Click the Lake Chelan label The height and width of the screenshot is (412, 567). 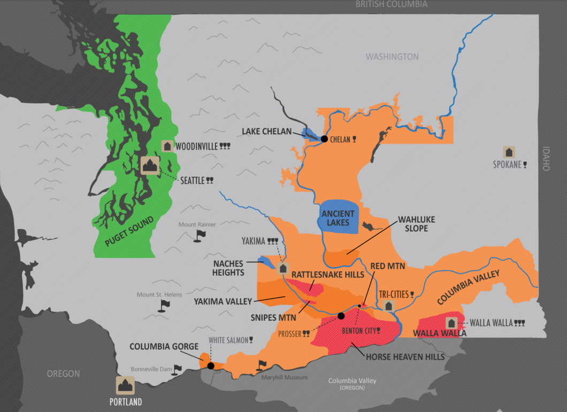(266, 131)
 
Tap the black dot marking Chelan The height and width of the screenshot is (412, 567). (324, 139)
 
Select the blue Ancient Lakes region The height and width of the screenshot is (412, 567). (338, 217)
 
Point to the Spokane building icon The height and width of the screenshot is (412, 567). (509, 152)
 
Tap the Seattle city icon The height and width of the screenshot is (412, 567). (150, 165)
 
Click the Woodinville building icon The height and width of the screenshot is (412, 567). (168, 146)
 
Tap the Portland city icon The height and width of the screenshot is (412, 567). (126, 385)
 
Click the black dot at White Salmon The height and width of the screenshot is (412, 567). (211, 366)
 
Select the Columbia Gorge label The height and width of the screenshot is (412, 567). (164, 347)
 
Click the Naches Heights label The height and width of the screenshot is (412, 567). (228, 268)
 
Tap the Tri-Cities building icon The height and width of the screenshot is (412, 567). (388, 306)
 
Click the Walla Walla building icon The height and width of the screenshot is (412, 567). (452, 323)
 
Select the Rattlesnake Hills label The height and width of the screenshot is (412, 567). (327, 275)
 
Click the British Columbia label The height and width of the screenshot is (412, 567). (392, 4)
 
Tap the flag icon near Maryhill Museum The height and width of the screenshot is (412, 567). (262, 365)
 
